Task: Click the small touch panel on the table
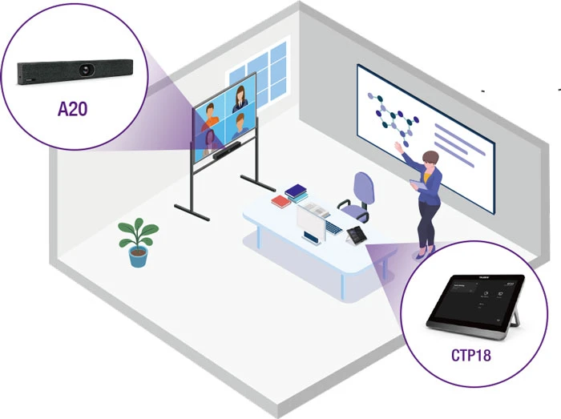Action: click(x=355, y=236)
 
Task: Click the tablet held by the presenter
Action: click(x=416, y=183)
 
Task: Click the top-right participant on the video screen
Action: click(x=240, y=99)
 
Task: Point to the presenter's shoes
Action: click(x=422, y=253)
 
